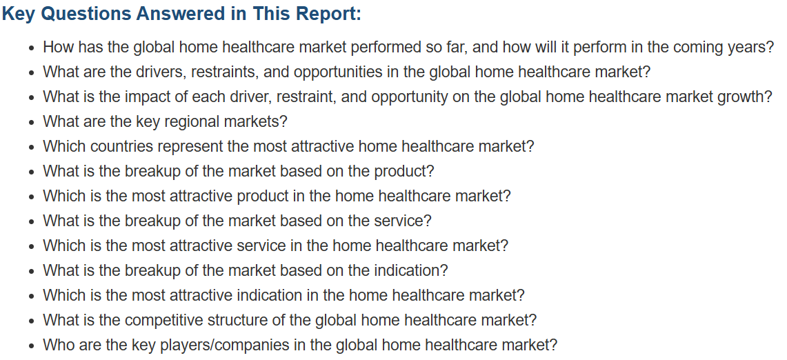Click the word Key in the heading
[18, 14]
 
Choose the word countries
[123, 146]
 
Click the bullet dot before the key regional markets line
[32, 123]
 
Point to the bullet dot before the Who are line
[32, 346]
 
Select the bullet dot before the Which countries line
[32, 148]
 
